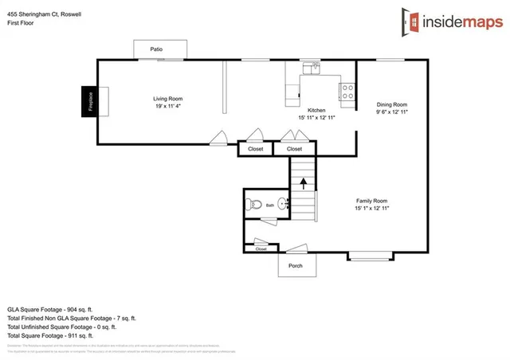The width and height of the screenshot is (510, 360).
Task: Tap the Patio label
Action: pyautogui.click(x=156, y=50)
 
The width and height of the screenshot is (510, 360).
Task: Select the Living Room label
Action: pyautogui.click(x=169, y=99)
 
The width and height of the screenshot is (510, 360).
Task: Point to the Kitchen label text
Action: pyautogui.click(x=316, y=110)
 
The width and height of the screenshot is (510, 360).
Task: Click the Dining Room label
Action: pyautogui.click(x=391, y=104)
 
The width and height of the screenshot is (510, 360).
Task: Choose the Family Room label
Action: pyautogui.click(x=371, y=201)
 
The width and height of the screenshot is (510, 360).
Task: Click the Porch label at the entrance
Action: pyautogui.click(x=295, y=266)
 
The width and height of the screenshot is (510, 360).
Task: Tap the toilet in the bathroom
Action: pyautogui.click(x=254, y=205)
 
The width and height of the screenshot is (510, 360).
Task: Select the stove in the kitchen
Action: pyautogui.click(x=347, y=92)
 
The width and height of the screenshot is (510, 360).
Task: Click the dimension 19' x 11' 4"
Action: pyautogui.click(x=169, y=106)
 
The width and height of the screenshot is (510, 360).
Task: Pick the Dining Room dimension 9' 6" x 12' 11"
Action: pyautogui.click(x=391, y=112)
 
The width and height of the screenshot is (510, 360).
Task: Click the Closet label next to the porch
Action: pyautogui.click(x=261, y=249)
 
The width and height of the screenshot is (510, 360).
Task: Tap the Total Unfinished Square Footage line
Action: pyautogui.click(x=61, y=327)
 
